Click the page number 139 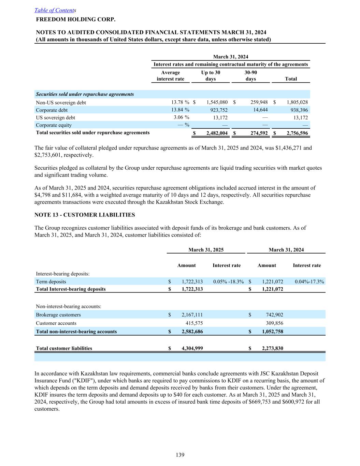[x=180, y=455]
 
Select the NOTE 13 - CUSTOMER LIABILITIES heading [x=85, y=215]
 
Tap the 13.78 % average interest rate [x=181, y=102]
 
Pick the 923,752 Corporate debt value [x=217, y=110]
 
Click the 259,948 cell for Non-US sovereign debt [x=257, y=102]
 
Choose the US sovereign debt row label [x=55, y=117]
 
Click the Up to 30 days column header [x=211, y=75]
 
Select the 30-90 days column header [x=251, y=75]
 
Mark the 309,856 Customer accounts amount [x=274, y=323]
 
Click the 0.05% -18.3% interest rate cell [x=228, y=282]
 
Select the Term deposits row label [x=51, y=282]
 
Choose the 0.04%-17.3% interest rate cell [x=309, y=282]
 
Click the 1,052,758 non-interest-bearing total [x=272, y=331]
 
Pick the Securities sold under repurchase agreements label [x=85, y=94]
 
